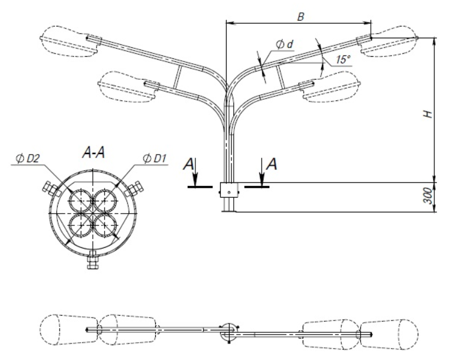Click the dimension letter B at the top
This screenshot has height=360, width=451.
point(300,17)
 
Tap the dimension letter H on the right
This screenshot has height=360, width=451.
point(429,114)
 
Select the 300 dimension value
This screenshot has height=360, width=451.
point(429,196)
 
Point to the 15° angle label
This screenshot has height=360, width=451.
point(343,60)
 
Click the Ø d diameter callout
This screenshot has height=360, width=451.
point(285,44)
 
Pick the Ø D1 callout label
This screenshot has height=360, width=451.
point(155,158)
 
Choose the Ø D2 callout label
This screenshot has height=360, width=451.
point(28,158)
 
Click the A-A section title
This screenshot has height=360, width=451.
point(93,152)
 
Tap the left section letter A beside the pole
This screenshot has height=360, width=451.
point(189,164)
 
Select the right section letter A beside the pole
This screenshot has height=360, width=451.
point(272,164)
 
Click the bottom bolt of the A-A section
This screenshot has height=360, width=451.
point(93,260)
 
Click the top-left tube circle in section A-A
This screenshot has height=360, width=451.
point(81,201)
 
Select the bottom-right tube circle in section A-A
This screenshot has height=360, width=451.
point(105,225)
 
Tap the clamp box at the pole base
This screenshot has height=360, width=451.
point(229,190)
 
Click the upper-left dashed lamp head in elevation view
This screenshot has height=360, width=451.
point(70,42)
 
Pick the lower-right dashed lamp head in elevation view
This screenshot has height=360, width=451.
point(330,86)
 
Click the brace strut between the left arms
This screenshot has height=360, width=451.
point(178,77)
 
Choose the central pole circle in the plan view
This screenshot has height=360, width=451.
point(229,332)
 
